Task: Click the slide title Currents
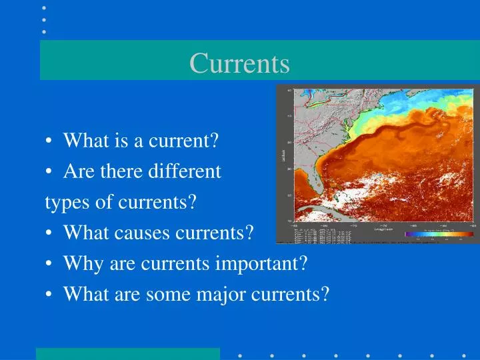(x=239, y=63)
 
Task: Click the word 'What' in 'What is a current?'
(x=82, y=141)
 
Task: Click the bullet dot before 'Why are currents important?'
(x=51, y=264)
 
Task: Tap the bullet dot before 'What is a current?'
(x=51, y=142)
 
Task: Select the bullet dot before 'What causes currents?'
(x=51, y=234)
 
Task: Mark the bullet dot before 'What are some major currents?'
(x=51, y=295)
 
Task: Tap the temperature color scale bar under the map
(x=434, y=234)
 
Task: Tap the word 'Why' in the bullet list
(x=79, y=264)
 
